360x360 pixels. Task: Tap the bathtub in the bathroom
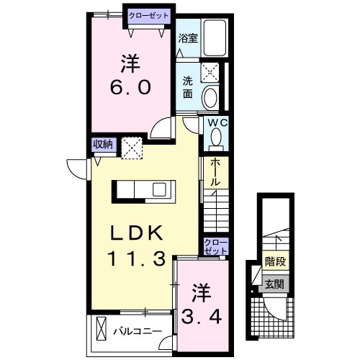214,36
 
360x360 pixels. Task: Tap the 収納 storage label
102,144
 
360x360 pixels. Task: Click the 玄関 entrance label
274,284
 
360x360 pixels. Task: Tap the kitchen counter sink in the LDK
159,189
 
